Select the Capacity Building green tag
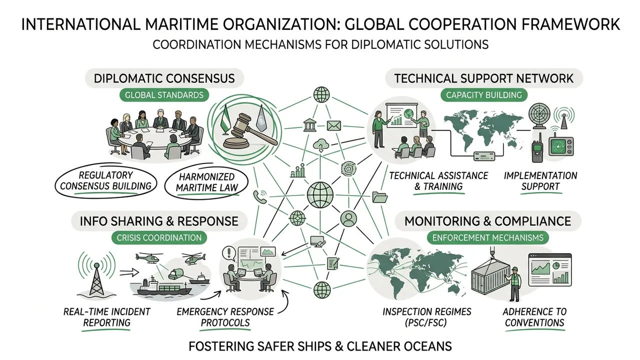483,95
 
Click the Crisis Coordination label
159,237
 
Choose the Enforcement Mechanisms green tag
488,237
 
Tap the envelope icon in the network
333,125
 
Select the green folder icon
380,197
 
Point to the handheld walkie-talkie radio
537,148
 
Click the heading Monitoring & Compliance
487,221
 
